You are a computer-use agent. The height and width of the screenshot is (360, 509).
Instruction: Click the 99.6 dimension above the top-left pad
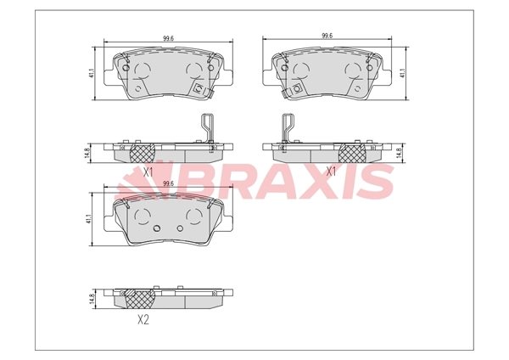tap(168, 38)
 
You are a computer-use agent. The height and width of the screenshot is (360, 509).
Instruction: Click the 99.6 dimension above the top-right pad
tap(327, 36)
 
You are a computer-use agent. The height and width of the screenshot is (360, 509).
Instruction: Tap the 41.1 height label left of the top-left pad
tap(92, 73)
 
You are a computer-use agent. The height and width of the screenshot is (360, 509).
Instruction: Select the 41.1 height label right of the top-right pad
tap(402, 73)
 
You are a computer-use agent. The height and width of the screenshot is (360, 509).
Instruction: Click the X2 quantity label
tap(143, 320)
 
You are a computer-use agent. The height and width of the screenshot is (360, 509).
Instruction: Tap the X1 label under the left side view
tap(148, 172)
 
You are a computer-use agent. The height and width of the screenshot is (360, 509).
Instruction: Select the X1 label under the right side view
tap(331, 172)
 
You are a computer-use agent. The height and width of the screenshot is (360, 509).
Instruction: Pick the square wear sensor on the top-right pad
tap(296, 88)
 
